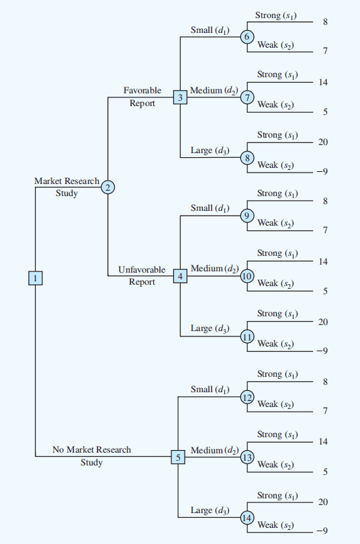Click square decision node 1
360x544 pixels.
point(35,278)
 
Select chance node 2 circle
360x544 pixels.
point(108,187)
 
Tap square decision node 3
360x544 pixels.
point(180,97)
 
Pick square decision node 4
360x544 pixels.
point(180,276)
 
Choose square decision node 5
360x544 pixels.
point(178,457)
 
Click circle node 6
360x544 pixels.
point(247,37)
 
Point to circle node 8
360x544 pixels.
point(247,158)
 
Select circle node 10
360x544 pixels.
point(247,276)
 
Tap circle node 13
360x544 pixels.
point(247,457)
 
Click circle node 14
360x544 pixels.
point(247,518)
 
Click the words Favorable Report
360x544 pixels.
point(142,97)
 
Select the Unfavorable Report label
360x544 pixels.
point(142,276)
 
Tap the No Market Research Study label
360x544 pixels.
point(91,456)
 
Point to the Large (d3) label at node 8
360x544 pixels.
point(210,150)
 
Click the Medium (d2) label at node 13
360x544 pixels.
point(214,451)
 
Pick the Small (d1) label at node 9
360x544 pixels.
point(210,208)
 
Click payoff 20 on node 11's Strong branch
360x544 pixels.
point(323,322)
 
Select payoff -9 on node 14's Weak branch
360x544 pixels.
point(322,531)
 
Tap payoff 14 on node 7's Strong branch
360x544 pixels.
point(323,82)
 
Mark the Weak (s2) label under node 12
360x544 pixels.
point(275,404)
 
